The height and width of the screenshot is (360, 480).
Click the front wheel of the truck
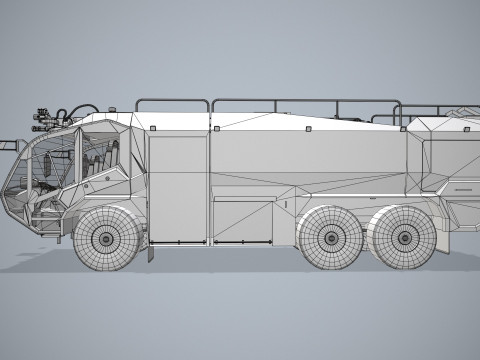coord(105,238)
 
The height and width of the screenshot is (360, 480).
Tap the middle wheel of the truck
coord(330,238)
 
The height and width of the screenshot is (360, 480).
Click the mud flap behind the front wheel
coord(149,249)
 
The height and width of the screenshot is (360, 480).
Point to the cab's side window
coord(94,155)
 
